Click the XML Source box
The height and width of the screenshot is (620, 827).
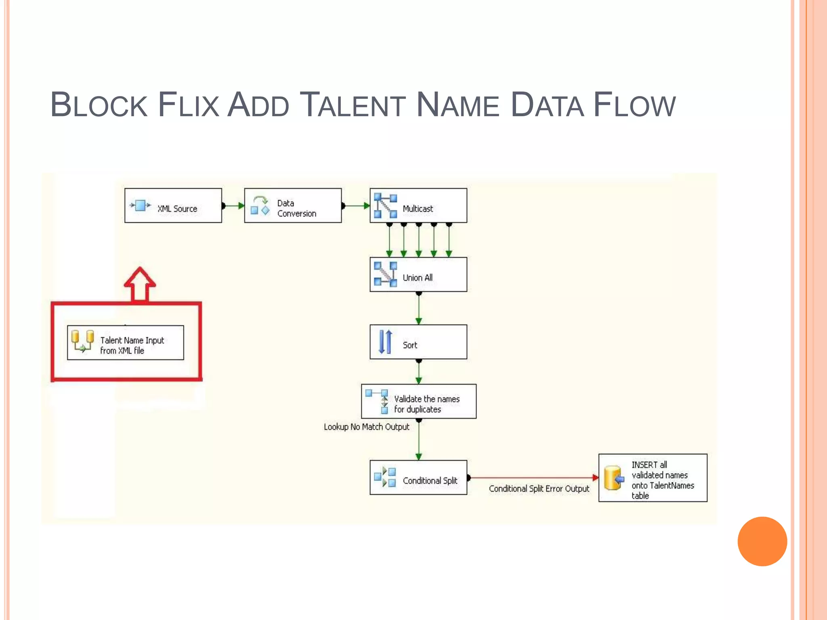coord(173,205)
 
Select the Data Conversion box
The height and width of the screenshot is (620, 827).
coord(293,205)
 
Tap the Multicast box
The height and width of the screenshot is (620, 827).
coord(418,205)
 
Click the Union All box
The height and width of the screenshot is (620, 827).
coord(418,274)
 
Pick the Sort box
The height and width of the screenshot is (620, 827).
coord(418,342)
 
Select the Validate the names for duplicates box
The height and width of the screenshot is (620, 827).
coord(419,401)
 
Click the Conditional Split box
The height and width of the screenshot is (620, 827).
coord(418,478)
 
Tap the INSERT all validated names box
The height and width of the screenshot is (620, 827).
coord(653,478)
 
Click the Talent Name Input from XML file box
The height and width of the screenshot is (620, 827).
coord(125,343)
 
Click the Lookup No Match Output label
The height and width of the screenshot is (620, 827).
coord(366,427)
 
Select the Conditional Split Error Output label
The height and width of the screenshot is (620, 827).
coord(539,489)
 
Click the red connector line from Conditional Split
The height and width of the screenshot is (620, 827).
coord(533,478)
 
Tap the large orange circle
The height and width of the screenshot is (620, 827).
coord(762,541)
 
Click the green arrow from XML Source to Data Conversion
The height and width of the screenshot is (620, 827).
coord(233,206)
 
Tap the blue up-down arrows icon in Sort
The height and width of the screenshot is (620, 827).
coord(385,342)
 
